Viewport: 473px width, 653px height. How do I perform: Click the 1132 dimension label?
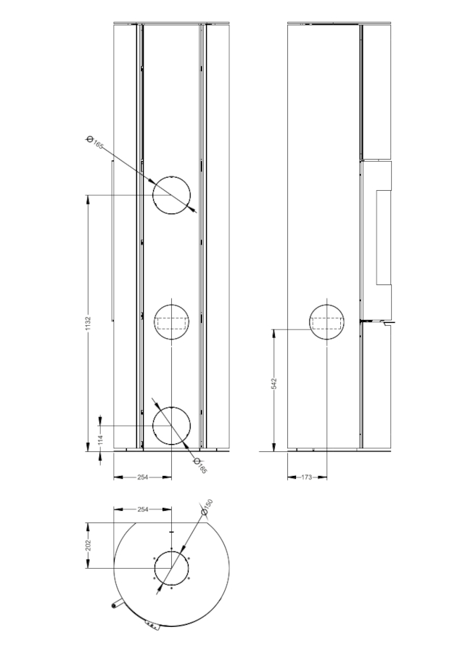88,324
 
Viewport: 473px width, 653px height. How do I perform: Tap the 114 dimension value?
100,439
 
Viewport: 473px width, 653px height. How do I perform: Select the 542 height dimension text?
273,384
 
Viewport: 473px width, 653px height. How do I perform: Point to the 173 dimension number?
306,477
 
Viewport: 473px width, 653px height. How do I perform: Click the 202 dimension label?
88,545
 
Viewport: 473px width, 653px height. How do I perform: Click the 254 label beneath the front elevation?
143,477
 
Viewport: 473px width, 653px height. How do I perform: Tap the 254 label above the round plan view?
143,509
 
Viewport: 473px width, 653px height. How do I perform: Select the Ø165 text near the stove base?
200,466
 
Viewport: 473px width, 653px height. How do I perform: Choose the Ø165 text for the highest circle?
94,142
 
